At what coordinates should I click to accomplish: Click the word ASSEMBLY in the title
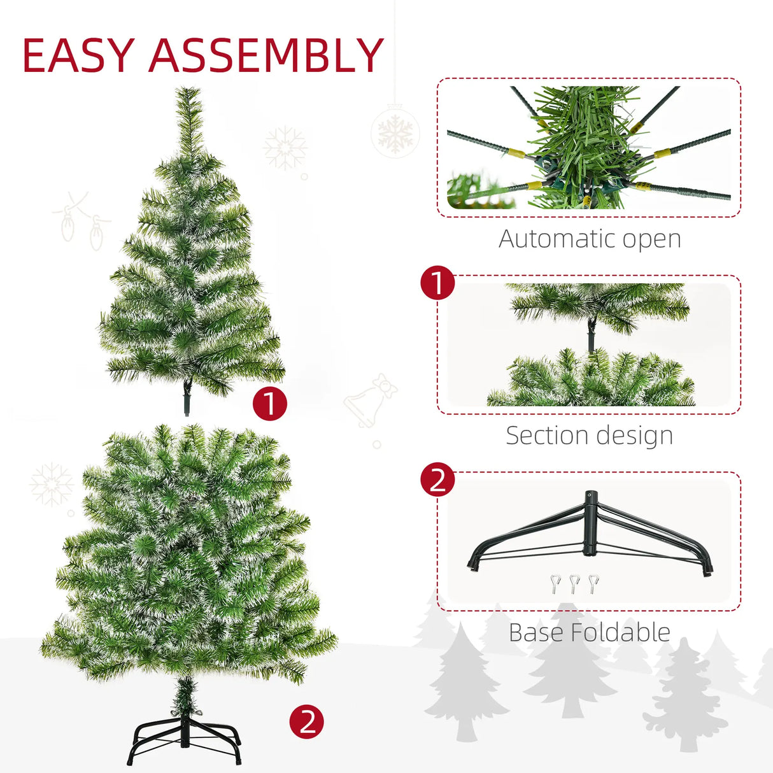click(266, 55)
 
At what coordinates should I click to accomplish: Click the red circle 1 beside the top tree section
click(270, 404)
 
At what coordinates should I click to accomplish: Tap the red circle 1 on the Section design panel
click(438, 283)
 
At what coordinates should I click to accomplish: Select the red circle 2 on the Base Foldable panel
click(438, 480)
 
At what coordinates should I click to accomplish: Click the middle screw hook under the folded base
click(574, 583)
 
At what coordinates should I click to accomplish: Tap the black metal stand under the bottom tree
click(186, 739)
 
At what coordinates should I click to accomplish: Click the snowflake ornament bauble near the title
click(395, 132)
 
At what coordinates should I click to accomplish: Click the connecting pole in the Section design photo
click(592, 334)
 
